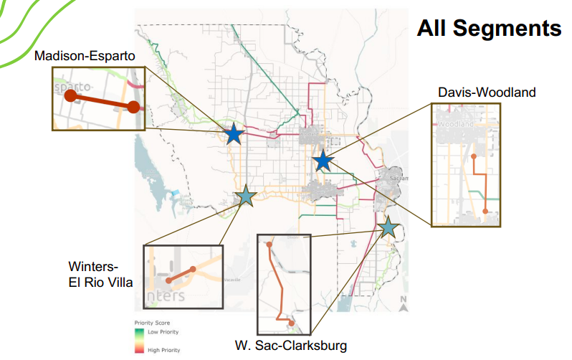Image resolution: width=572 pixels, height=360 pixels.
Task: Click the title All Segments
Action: coord(489,29)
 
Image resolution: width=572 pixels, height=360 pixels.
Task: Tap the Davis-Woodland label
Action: coord(487,93)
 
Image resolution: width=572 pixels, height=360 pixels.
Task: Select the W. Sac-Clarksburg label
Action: coord(291,346)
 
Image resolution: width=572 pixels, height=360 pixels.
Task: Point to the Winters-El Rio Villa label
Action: coord(100,275)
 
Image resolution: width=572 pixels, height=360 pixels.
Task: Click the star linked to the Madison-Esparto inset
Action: coord(233,134)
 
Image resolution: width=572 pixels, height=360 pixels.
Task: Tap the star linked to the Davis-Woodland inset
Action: coord(323,161)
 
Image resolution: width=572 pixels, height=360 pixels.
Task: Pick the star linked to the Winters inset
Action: coord(245,195)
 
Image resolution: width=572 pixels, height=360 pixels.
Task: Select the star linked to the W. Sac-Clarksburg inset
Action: coord(388,227)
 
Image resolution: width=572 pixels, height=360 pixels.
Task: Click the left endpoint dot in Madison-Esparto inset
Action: coord(70,95)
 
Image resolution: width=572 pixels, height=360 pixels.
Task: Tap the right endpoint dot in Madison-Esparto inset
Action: coord(133,107)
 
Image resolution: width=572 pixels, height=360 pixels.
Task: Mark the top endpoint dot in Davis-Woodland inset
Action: coord(474,155)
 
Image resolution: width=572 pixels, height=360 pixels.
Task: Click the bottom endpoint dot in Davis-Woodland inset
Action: coord(486,211)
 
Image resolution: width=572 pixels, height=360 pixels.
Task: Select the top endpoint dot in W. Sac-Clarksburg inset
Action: coord(270,245)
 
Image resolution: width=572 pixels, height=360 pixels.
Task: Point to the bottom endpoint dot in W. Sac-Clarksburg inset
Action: coord(291,323)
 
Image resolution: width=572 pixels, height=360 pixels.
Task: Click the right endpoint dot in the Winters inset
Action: coord(193,270)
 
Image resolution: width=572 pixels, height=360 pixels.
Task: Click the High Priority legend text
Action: coord(163,350)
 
